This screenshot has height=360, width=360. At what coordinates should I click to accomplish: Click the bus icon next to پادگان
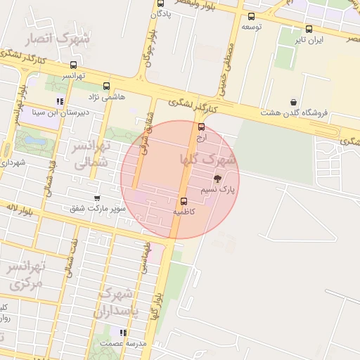(x=161, y=4)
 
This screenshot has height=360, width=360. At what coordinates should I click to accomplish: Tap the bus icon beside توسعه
(x=252, y=16)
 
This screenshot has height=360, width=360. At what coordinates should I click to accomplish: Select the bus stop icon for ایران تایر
(x=309, y=29)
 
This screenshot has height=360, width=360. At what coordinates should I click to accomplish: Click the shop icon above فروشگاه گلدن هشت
(x=292, y=102)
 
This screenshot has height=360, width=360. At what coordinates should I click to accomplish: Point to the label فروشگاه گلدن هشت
(x=290, y=112)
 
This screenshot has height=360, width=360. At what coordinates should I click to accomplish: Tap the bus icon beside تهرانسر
(x=74, y=65)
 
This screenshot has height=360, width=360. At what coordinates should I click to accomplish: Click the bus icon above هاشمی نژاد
(x=106, y=86)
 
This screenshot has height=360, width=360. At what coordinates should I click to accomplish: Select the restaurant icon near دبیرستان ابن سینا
(x=60, y=101)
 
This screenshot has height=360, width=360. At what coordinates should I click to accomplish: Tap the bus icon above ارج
(x=202, y=127)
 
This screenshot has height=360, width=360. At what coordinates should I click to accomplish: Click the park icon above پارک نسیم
(x=217, y=179)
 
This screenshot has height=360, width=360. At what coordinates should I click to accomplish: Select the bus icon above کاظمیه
(x=184, y=200)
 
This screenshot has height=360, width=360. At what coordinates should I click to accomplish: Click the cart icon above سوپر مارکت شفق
(x=97, y=198)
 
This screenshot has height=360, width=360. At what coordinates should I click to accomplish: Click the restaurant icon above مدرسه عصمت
(x=123, y=333)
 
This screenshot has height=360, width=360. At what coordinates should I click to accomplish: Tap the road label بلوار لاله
(x=18, y=209)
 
